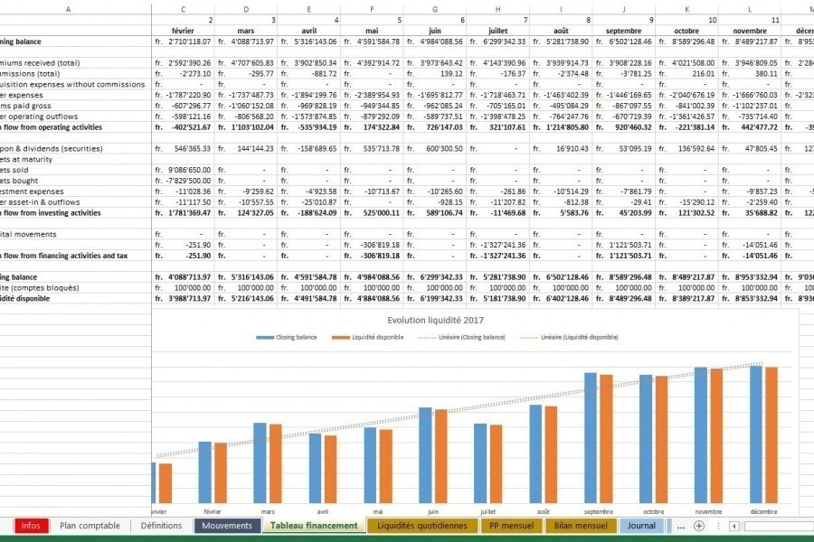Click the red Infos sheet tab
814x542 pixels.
pos(31,526)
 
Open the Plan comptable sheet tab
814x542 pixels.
pos(90,526)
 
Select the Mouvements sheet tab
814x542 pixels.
pos(227,526)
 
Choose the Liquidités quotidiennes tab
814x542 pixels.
pos(422,526)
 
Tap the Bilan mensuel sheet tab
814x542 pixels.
pos(580,526)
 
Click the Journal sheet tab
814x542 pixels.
pos(641,526)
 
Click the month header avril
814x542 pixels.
pos(308,30)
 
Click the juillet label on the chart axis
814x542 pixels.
pos(488,511)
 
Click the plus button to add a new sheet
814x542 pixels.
pos(698,526)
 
